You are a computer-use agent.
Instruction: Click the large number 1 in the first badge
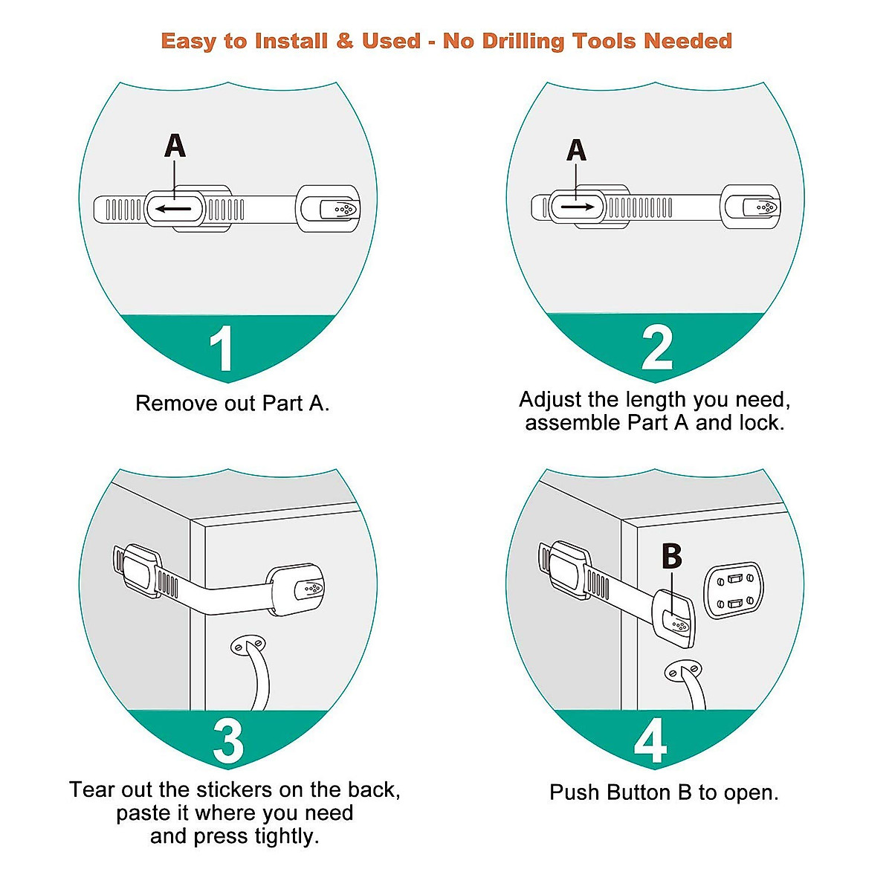[x=222, y=349]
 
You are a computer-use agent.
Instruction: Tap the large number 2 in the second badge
[x=657, y=347]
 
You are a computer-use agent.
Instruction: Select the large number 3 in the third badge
[x=227, y=740]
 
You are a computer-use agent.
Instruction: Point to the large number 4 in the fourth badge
[x=650, y=740]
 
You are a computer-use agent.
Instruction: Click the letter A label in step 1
[x=175, y=146]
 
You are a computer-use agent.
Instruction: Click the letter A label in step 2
[x=576, y=150]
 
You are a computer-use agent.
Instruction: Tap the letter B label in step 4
[x=671, y=556]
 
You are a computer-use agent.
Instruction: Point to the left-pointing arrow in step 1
[x=173, y=209]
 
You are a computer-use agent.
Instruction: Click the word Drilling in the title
[x=523, y=42]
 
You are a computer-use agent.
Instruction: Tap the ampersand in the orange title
[x=344, y=41]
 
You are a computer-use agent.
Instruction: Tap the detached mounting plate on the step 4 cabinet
[x=733, y=590]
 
